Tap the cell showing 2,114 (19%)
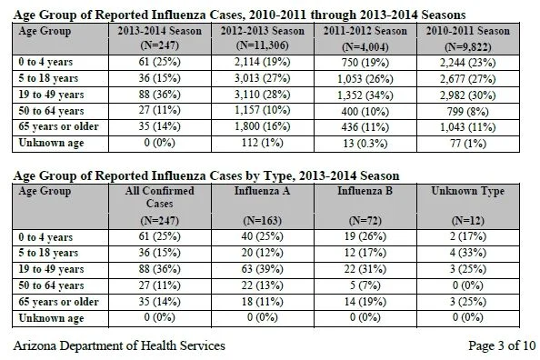pyautogui.click(x=263, y=62)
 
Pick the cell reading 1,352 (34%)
pyautogui.click(x=365, y=95)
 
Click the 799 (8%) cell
pyautogui.click(x=468, y=112)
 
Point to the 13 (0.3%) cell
pyautogui.click(x=365, y=143)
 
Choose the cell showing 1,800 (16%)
pyautogui.click(x=263, y=126)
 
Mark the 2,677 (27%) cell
pyautogui.click(x=468, y=79)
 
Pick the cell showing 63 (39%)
pyautogui.click(x=263, y=269)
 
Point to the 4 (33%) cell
pyautogui.click(x=468, y=253)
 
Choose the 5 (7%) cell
pyautogui.click(x=365, y=285)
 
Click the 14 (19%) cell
pyautogui.click(x=365, y=302)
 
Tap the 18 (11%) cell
pyautogui.click(x=263, y=302)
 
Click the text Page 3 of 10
pyautogui.click(x=502, y=345)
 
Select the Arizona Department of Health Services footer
pyautogui.click(x=119, y=345)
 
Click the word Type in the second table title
pyautogui.click(x=278, y=176)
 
